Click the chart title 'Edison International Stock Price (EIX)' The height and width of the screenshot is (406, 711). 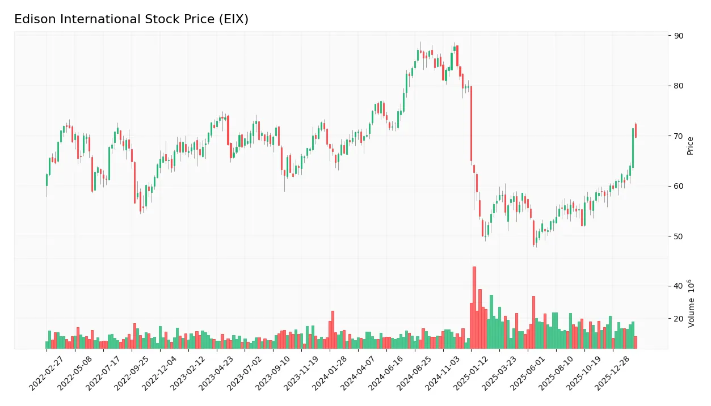(x=131, y=19)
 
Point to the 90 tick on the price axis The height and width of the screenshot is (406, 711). (x=679, y=36)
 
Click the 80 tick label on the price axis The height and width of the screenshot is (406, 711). (x=679, y=86)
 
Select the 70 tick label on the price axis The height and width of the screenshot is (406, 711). (x=679, y=136)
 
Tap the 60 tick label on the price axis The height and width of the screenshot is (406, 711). (x=679, y=186)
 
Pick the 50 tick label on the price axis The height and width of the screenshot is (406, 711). (x=679, y=236)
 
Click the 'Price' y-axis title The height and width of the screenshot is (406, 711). (x=691, y=146)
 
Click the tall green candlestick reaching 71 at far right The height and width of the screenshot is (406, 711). (x=633, y=148)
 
